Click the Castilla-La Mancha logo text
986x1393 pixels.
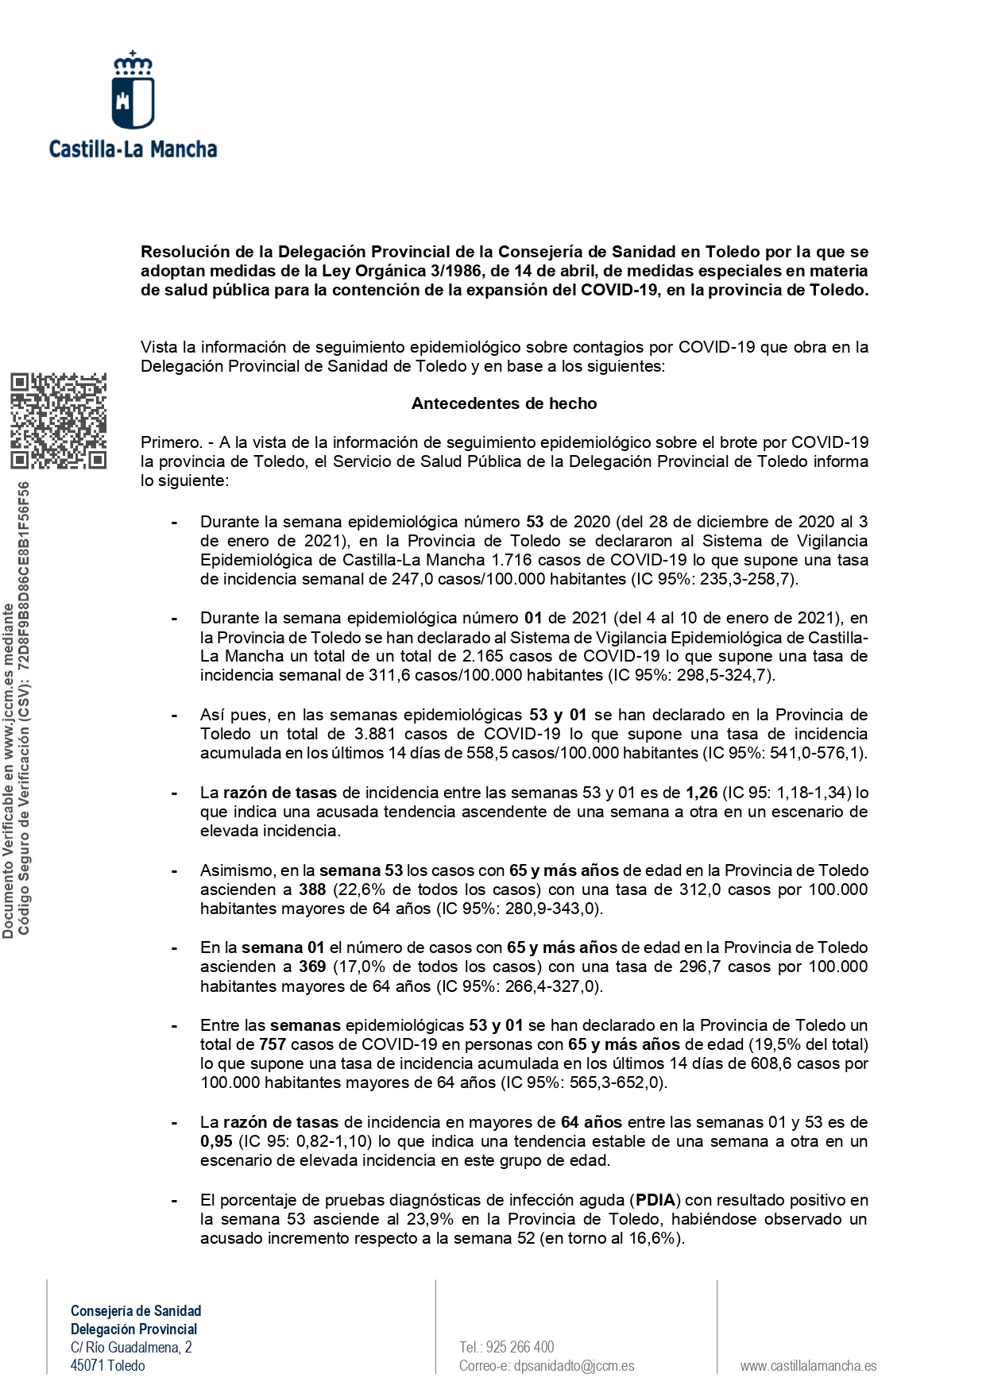[x=133, y=149]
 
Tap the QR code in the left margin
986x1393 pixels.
[x=59, y=420]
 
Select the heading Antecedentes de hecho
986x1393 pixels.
[x=504, y=403]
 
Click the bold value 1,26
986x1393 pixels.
[x=702, y=793]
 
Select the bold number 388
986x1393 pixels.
[x=312, y=889]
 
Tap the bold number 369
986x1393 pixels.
[x=312, y=967]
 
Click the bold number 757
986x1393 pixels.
[x=273, y=1044]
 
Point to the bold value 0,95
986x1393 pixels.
[x=216, y=1141]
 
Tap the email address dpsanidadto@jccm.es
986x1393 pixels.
[x=574, y=1366]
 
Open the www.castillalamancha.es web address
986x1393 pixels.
[x=808, y=1366]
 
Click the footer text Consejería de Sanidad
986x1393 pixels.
[x=136, y=1310]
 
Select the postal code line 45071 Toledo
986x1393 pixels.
[x=108, y=1366]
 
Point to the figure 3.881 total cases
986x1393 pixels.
[x=377, y=734]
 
